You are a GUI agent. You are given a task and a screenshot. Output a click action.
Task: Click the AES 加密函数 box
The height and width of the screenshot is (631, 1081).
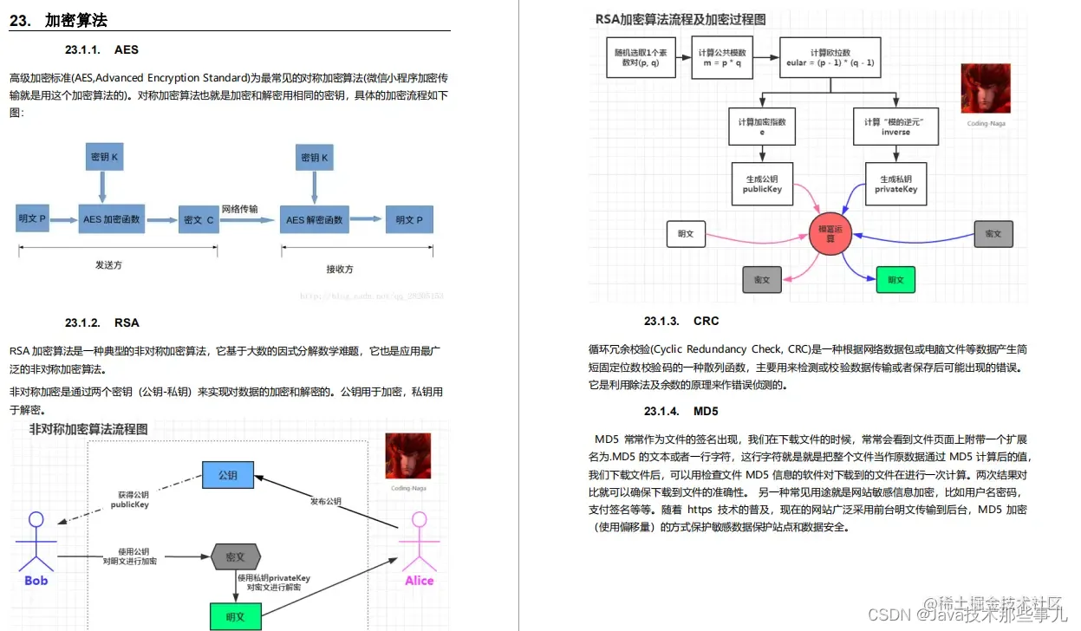[x=111, y=220]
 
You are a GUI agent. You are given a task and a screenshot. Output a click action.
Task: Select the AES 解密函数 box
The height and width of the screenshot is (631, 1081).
[x=314, y=220]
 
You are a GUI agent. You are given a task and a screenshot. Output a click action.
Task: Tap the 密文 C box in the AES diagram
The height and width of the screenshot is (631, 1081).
[x=199, y=220]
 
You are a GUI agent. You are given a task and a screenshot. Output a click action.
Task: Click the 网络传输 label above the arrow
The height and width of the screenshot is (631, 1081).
[x=239, y=209]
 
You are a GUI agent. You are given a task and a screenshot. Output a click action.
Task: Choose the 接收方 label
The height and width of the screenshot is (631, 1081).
[x=340, y=269]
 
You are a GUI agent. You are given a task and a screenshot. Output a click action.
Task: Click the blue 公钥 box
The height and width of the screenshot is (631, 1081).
[x=228, y=475]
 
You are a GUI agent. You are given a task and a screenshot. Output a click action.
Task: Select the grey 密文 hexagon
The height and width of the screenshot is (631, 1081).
[x=236, y=556]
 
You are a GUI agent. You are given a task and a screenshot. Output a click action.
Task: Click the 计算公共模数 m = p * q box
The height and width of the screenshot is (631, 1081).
[x=722, y=58]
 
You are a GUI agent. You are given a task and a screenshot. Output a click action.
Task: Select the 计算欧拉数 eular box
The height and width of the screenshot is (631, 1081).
[x=830, y=58]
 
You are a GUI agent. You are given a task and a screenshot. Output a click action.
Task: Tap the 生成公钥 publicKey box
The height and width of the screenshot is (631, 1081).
[x=763, y=184]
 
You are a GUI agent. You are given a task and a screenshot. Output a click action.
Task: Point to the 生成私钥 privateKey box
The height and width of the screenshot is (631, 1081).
[x=895, y=184]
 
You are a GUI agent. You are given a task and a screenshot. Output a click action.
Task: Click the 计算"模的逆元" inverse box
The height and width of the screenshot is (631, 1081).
[x=895, y=127]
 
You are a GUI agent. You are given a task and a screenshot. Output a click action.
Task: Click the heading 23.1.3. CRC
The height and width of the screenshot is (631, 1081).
[x=681, y=321]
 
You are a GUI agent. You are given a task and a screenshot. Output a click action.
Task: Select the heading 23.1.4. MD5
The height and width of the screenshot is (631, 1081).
[x=681, y=411]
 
